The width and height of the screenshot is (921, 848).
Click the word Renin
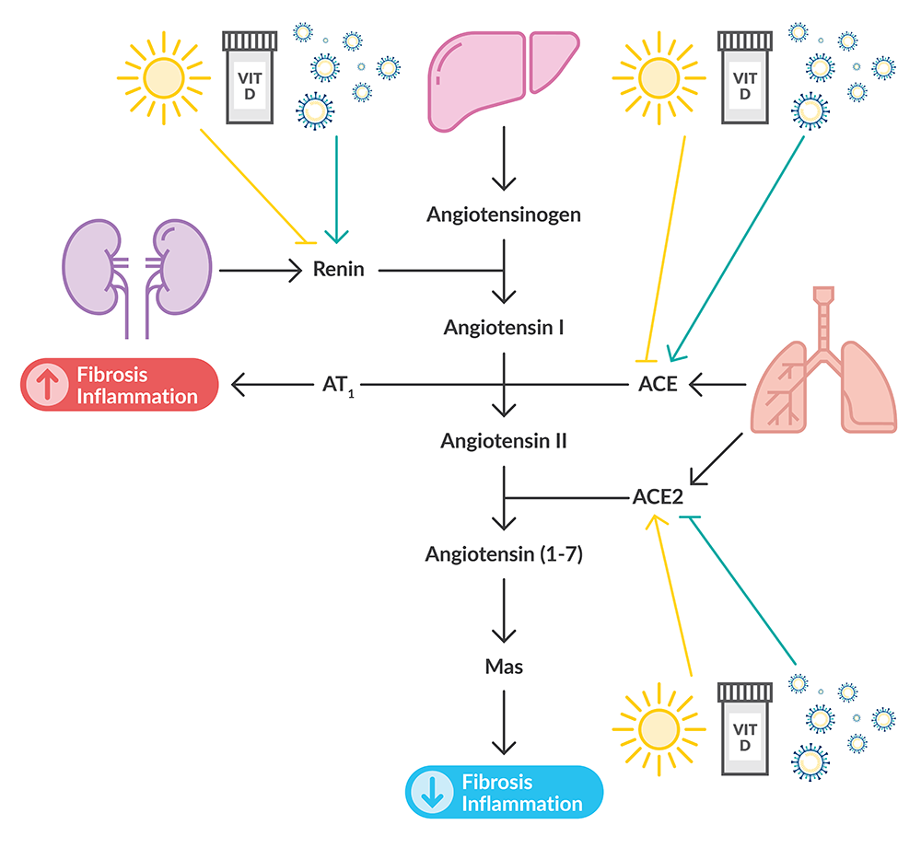click(x=339, y=270)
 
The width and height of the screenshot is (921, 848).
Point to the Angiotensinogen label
click(x=504, y=215)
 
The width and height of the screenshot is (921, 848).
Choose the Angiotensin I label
click(x=504, y=327)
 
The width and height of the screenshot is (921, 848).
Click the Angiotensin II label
click(x=504, y=440)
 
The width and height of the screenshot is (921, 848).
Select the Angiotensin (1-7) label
click(x=504, y=554)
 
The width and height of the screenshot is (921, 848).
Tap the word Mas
click(x=504, y=666)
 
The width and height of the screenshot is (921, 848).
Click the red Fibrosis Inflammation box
click(x=119, y=385)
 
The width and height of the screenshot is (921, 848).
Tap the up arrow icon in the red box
click(x=42, y=385)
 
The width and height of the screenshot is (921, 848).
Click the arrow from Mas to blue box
click(x=504, y=723)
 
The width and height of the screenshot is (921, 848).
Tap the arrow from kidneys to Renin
click(x=262, y=270)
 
